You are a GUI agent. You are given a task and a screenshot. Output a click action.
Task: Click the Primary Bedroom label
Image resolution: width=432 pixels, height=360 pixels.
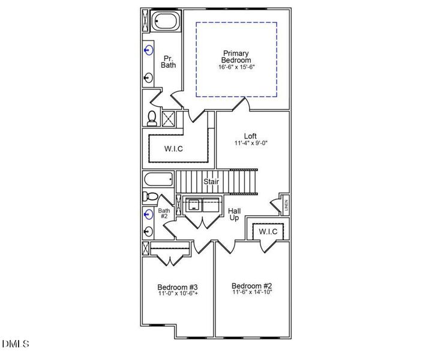click(x=236, y=56)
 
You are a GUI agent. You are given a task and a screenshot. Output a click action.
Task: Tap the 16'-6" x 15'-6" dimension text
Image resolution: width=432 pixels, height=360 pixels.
click(x=236, y=67)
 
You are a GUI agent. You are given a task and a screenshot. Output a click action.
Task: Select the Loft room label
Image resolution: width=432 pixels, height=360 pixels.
click(x=250, y=136)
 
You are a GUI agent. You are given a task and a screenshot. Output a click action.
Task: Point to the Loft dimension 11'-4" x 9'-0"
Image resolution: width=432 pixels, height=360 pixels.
click(x=251, y=143)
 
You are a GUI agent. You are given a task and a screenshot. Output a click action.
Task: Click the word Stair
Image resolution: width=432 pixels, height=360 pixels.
click(x=211, y=181)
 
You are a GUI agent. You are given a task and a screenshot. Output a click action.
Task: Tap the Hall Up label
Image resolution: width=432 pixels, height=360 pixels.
click(x=235, y=214)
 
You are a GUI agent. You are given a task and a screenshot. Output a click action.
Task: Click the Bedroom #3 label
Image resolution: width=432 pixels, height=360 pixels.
click(x=178, y=286)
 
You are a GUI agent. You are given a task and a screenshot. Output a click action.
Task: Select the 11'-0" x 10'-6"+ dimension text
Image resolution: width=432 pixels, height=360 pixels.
click(x=178, y=294)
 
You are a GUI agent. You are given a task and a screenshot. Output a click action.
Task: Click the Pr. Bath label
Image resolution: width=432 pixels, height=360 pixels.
click(x=169, y=61)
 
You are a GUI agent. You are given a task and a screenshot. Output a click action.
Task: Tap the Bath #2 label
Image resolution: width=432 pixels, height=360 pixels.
click(x=164, y=214)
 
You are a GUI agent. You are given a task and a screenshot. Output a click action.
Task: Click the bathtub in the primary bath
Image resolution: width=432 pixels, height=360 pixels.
click(x=163, y=22)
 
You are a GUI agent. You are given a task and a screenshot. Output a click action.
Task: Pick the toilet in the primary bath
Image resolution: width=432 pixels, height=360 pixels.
click(x=152, y=117)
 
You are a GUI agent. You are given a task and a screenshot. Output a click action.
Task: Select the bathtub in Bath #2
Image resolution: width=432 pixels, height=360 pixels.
click(x=158, y=179)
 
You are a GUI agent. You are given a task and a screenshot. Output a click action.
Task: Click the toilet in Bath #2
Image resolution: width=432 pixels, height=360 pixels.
click(x=151, y=196)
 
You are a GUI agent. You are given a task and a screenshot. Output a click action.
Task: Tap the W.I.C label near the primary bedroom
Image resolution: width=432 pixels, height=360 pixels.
click(x=173, y=149)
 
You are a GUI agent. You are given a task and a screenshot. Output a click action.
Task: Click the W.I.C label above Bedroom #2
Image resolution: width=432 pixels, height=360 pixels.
click(x=268, y=232)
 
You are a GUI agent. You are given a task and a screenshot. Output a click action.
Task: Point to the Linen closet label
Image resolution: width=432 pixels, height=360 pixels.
click(x=286, y=205)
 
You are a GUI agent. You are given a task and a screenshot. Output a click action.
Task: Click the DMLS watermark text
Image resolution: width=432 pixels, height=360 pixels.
click(x=16, y=344)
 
